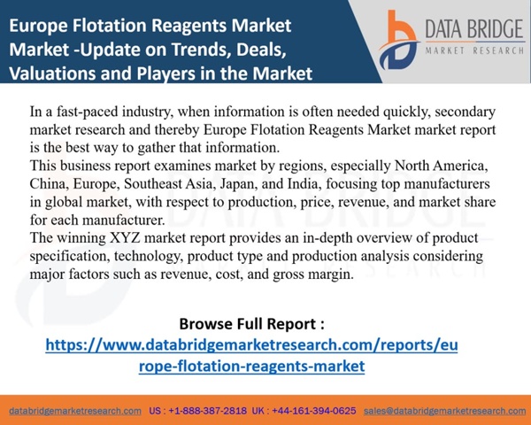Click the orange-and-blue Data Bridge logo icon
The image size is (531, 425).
point(398,40)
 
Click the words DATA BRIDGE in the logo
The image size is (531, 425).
point(474,29)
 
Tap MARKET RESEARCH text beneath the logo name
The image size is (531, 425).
point(474,50)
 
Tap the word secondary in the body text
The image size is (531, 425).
point(465,112)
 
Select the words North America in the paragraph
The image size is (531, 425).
point(441,166)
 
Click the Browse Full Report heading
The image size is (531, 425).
point(251,324)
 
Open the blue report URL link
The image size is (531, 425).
point(251,356)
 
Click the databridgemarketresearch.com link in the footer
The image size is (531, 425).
point(75,411)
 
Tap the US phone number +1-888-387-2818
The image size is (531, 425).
point(208,411)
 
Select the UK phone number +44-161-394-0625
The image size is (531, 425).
point(314,411)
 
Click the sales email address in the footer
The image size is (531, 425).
point(444,411)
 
